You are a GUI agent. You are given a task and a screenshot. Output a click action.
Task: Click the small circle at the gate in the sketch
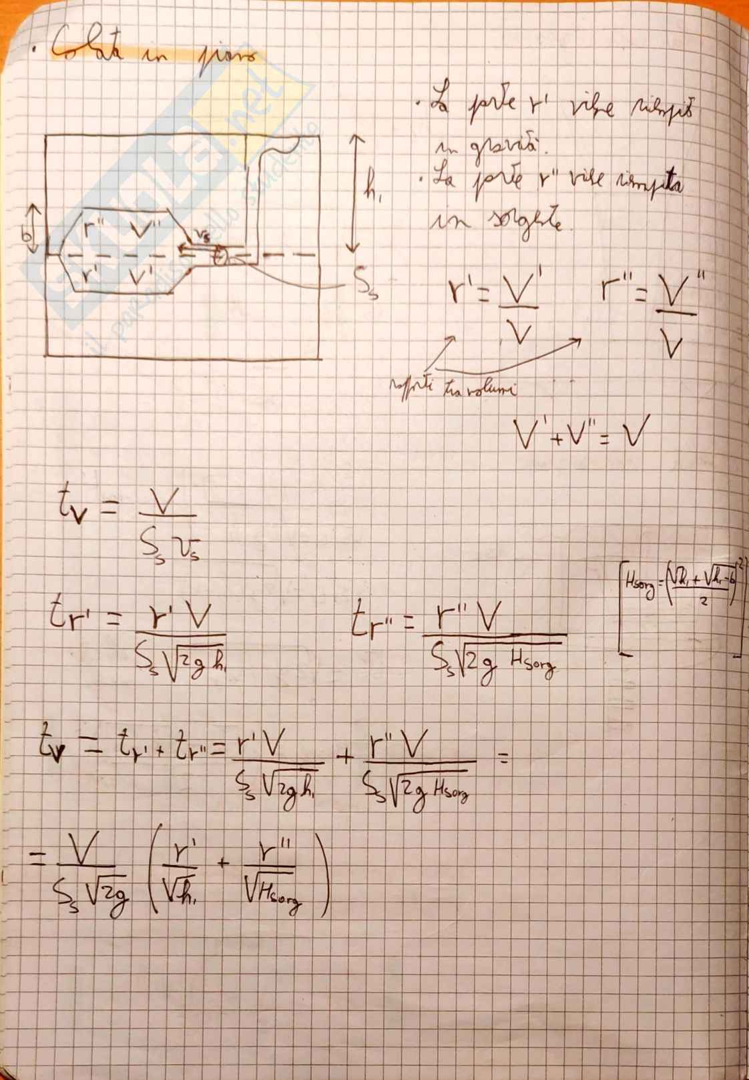click(222, 254)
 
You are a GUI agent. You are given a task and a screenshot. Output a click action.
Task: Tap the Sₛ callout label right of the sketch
click(366, 288)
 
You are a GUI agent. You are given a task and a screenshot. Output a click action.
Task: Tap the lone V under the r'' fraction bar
click(675, 345)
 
